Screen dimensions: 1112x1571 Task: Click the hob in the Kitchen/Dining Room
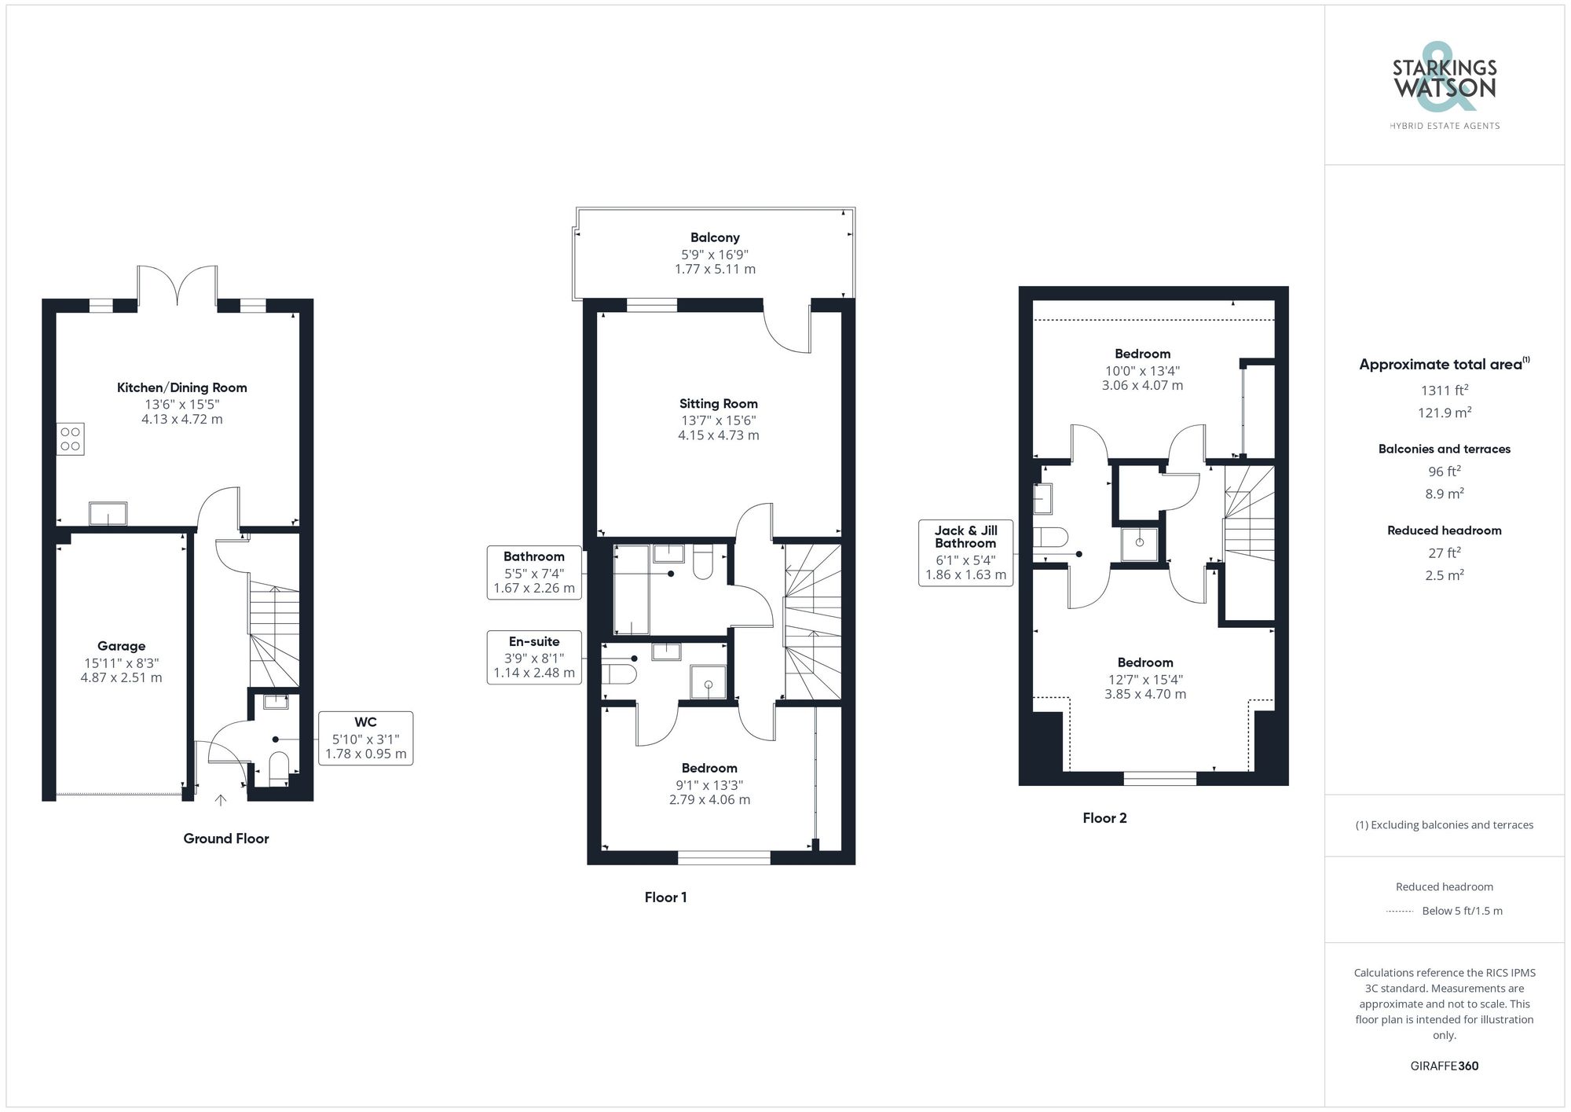[70, 439]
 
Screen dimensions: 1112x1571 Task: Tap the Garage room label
[121, 646]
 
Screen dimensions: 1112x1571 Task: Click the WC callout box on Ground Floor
[365, 738]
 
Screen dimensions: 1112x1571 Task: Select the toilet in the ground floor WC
[279, 766]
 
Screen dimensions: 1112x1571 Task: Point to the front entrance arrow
[221, 800]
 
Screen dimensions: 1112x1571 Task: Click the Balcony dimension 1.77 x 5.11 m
[715, 270]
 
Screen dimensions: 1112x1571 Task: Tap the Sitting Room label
[718, 404]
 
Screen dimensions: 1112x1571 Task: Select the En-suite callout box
[534, 657]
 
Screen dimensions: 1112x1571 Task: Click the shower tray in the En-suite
[708, 681]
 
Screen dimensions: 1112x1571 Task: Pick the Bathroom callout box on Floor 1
[534, 572]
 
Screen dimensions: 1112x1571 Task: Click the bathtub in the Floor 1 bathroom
[631, 589]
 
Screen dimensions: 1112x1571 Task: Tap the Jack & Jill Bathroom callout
[965, 553]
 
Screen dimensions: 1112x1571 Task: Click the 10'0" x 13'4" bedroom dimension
[1142, 371]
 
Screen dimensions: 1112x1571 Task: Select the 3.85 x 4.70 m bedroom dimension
[1145, 695]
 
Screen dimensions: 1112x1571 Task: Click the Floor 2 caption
[1104, 818]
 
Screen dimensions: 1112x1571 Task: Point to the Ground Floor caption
[226, 839]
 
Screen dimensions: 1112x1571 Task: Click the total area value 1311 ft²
[1444, 390]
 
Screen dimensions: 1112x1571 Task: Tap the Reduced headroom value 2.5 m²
[1444, 575]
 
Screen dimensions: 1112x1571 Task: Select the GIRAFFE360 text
[1444, 1066]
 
